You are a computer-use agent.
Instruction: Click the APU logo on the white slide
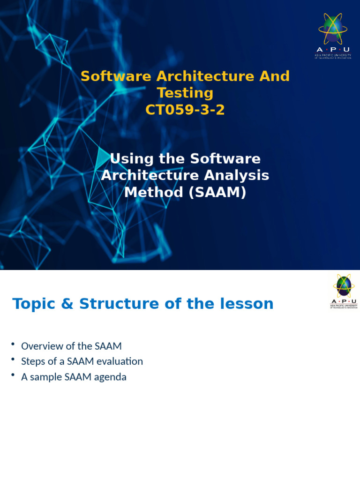click(344, 291)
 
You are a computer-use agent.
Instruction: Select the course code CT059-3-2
click(185, 110)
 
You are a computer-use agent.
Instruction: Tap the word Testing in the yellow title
click(185, 93)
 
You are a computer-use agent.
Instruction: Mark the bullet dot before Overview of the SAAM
click(14, 345)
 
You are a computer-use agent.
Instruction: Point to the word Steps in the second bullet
click(33, 361)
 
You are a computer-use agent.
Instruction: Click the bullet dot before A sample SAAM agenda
click(14, 375)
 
